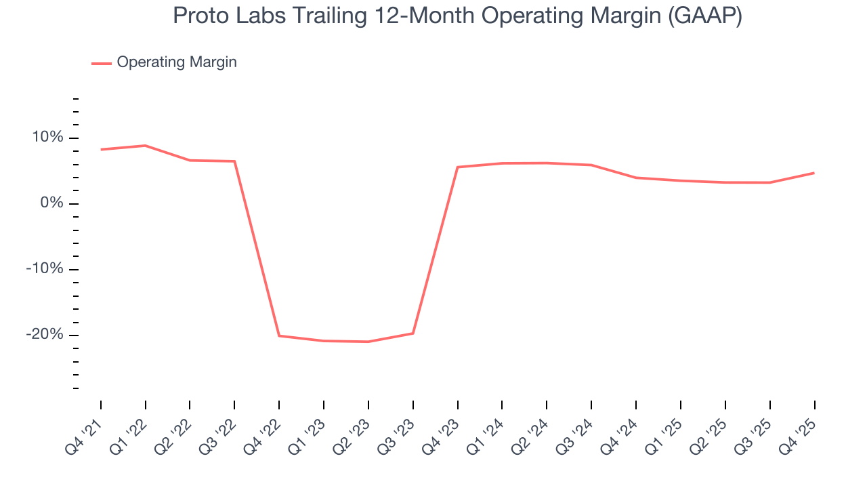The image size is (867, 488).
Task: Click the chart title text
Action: coord(457,16)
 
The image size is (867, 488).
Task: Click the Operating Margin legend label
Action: coord(176,62)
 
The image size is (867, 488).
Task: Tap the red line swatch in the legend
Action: coord(102,63)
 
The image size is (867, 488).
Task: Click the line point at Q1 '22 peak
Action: coord(146,146)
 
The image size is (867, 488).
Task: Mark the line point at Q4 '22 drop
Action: coord(279,335)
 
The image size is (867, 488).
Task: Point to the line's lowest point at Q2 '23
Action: coord(368,342)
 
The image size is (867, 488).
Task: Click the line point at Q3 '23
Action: coord(413,333)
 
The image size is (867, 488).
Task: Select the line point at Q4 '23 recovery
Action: coord(458,167)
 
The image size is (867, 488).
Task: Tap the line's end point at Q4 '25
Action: coord(814,173)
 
